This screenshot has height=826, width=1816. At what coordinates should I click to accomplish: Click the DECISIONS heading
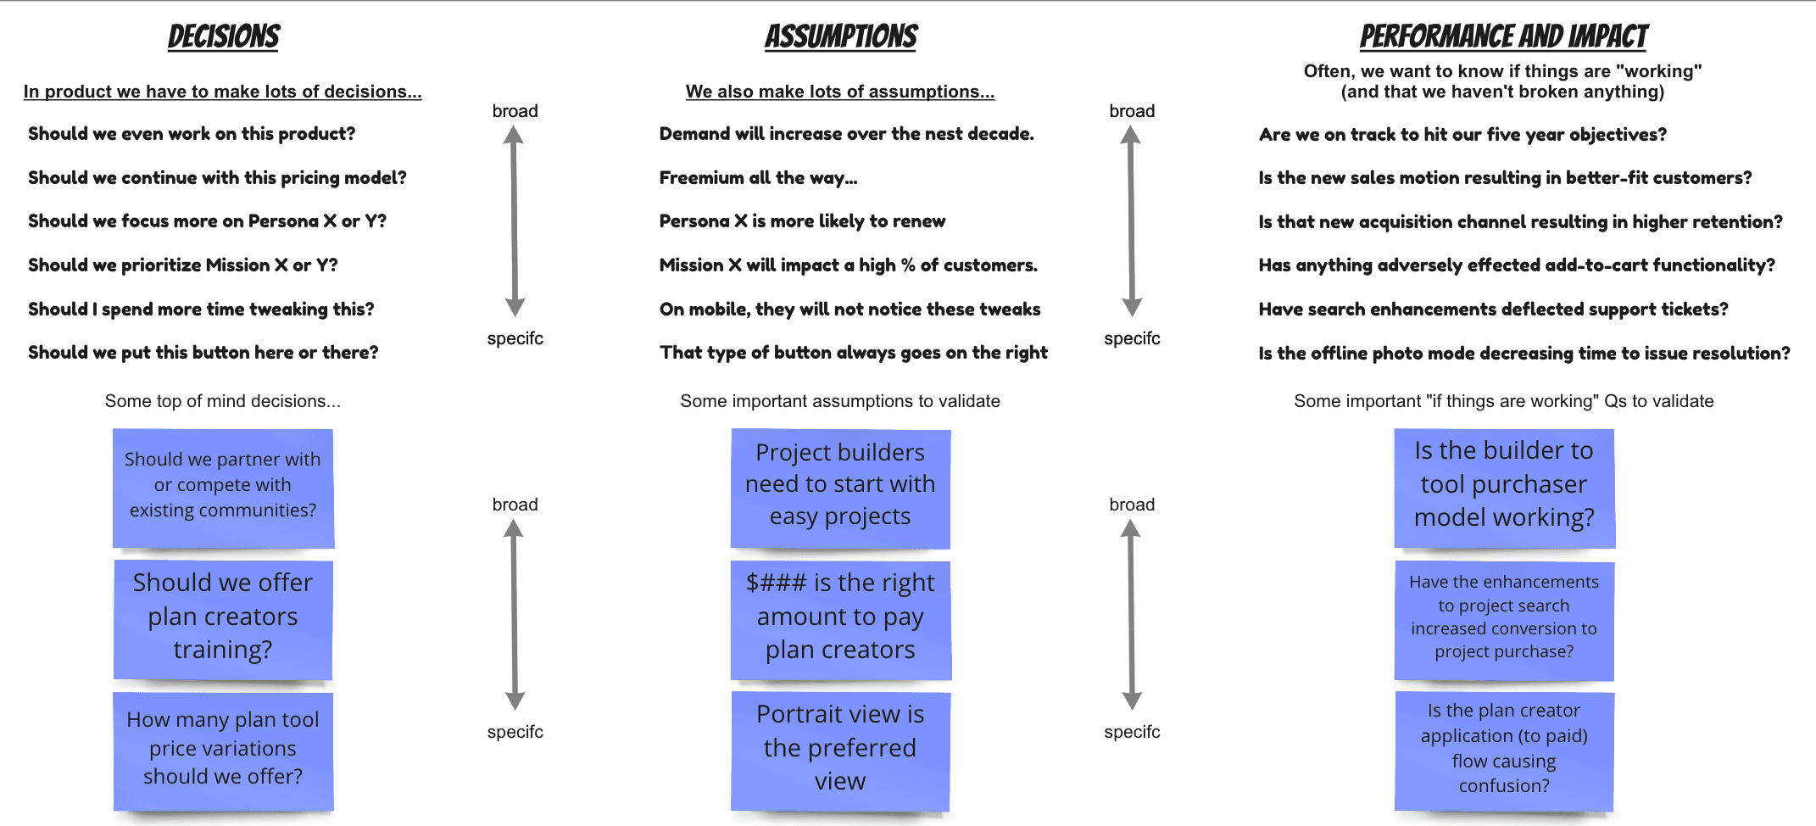click(224, 36)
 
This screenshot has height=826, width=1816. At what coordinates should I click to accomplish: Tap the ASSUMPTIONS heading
click(841, 36)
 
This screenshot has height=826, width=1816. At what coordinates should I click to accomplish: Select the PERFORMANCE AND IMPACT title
click(1503, 36)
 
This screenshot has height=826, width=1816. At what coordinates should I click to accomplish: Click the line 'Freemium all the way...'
click(758, 178)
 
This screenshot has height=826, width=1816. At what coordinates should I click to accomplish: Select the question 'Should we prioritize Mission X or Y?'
click(182, 265)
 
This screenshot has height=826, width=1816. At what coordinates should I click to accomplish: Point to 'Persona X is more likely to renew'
click(802, 221)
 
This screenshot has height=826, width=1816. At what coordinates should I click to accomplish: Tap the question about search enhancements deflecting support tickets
click(1493, 310)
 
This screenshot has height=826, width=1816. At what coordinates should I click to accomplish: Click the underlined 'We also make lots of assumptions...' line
click(839, 92)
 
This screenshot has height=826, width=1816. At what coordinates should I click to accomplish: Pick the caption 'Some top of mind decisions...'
click(222, 401)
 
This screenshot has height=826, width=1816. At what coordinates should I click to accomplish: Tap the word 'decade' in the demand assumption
click(1002, 134)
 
